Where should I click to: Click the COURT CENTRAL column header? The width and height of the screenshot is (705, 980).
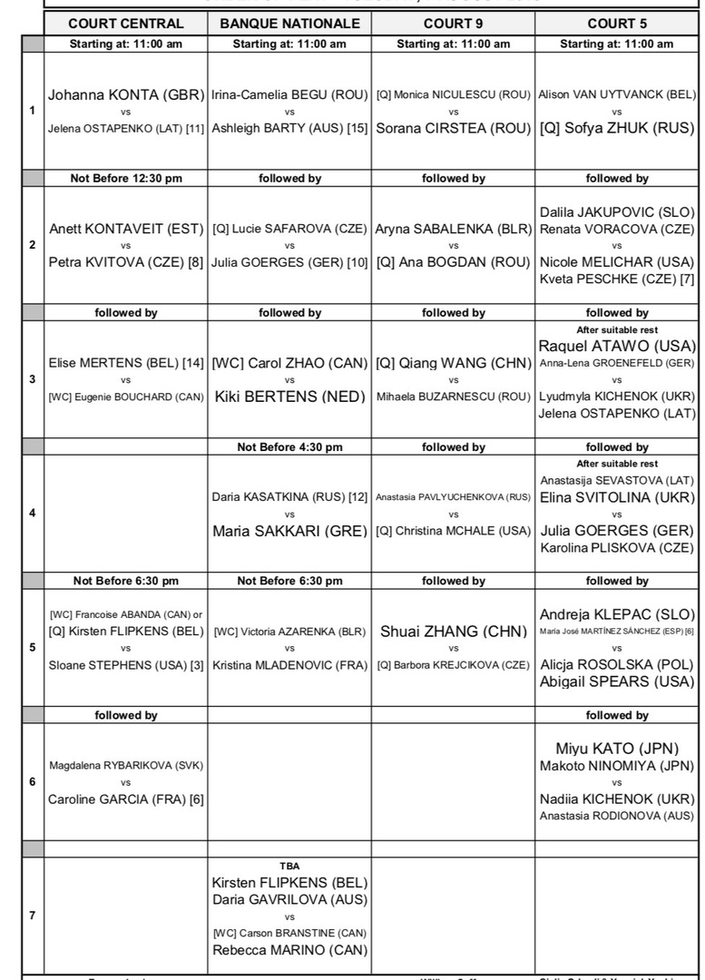[126, 24]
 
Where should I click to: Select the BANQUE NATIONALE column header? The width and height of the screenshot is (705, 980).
[289, 24]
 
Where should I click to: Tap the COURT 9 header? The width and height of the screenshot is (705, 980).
[453, 24]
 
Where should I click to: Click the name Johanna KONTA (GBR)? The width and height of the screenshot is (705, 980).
[126, 93]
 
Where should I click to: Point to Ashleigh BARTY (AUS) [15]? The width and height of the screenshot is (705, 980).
[289, 129]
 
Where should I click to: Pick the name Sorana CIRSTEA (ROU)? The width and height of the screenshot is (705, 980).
[453, 129]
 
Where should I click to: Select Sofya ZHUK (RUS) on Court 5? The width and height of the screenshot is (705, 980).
[617, 129]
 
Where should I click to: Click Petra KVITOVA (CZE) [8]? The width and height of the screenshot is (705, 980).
[126, 263]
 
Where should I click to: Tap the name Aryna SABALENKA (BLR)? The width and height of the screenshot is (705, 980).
[453, 229]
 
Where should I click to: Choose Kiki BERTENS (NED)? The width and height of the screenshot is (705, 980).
[289, 397]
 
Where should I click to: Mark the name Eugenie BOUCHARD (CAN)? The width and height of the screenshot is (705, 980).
[126, 397]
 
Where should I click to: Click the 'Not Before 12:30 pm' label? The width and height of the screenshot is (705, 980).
[126, 178]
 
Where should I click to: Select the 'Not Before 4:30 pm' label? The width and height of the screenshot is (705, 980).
[289, 446]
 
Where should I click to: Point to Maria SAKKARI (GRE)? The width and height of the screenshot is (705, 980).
[289, 531]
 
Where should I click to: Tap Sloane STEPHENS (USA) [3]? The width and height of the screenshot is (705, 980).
[126, 665]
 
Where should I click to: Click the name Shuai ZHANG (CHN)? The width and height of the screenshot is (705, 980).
[453, 631]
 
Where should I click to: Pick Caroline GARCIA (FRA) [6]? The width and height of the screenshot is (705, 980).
[126, 799]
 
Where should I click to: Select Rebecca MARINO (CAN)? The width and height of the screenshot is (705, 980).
[289, 950]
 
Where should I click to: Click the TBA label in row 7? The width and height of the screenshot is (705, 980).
[289, 866]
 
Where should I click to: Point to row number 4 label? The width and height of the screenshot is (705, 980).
[33, 513]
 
